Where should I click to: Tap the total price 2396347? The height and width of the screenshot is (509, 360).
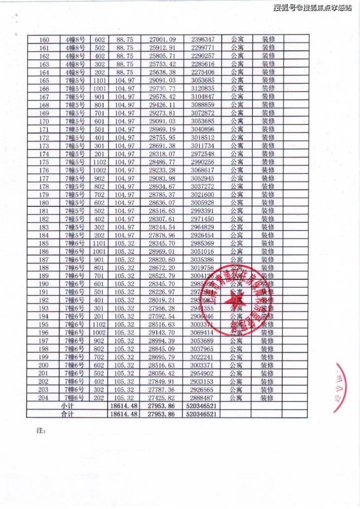[203, 39]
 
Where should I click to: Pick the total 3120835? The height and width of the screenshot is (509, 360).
[203, 89]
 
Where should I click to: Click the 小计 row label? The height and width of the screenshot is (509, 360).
[67, 406]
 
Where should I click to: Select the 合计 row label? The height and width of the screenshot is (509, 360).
[67, 414]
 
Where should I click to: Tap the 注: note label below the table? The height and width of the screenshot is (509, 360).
[41, 431]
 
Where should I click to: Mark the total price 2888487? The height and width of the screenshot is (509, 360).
[203, 398]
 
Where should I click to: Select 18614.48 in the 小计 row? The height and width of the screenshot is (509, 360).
[124, 406]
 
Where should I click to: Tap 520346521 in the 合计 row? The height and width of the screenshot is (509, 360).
[201, 414]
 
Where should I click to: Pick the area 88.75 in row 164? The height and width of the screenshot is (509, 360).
[124, 72]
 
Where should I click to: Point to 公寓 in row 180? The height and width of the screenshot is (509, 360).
[237, 203]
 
